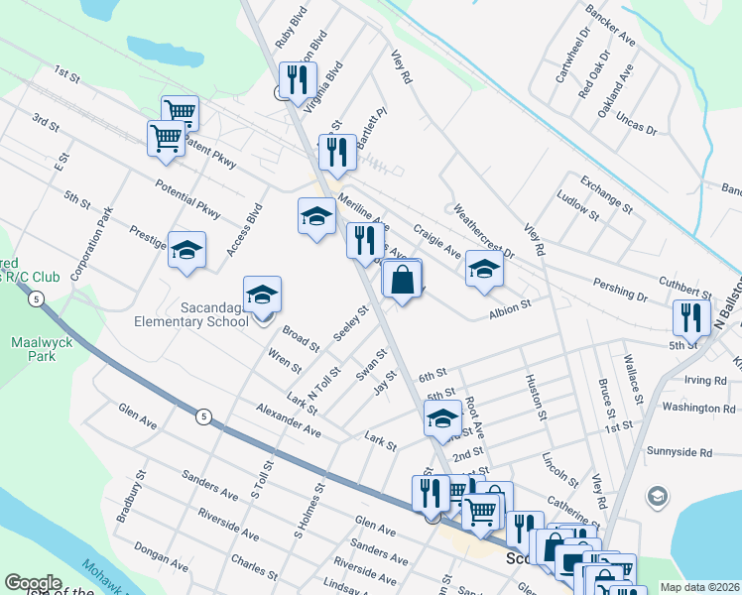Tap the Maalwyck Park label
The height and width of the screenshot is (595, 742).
tap(33, 348)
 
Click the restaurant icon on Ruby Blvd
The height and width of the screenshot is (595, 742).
tap(297, 80)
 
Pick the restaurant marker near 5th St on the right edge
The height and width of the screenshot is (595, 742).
tap(689, 317)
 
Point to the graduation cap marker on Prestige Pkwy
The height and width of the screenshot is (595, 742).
tap(185, 252)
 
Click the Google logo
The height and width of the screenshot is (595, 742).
tap(33, 583)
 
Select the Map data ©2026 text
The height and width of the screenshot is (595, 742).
tap(697, 587)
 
